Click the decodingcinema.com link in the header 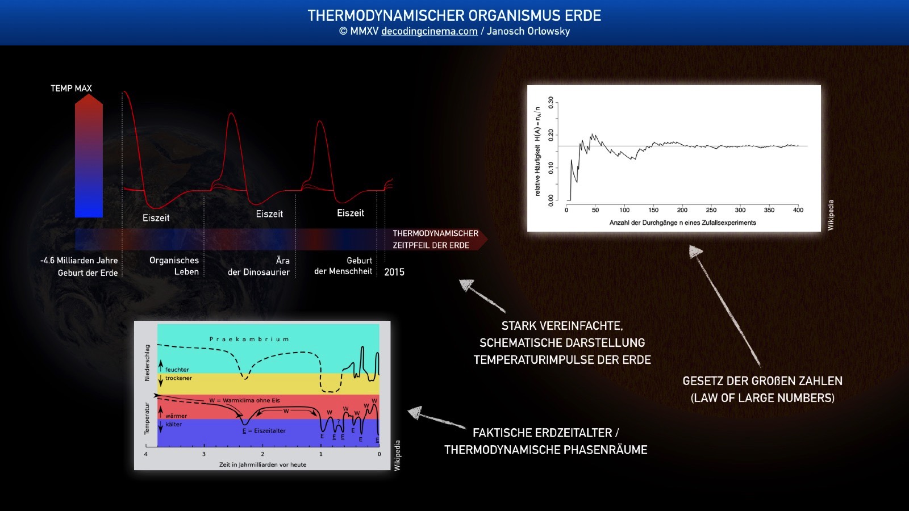click(x=430, y=31)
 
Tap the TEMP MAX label click(x=71, y=89)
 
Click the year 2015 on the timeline click(x=394, y=272)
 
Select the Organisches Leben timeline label click(x=174, y=266)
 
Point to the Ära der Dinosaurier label click(x=259, y=266)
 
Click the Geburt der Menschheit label click(x=343, y=266)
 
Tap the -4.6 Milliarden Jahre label click(x=79, y=261)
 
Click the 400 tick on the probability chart click(x=798, y=210)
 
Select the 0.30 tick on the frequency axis click(x=551, y=103)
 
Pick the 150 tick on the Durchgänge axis click(x=653, y=210)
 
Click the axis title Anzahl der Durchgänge click(x=682, y=223)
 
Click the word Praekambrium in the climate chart click(x=249, y=339)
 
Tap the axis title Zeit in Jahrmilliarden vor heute click(x=262, y=465)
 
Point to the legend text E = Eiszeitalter click(x=264, y=431)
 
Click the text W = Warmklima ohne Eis click(x=244, y=401)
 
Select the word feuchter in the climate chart click(x=177, y=370)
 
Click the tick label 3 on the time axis click(x=204, y=454)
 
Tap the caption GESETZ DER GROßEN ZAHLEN click(x=762, y=381)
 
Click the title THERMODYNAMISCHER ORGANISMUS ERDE click(x=454, y=16)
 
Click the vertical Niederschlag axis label click(x=147, y=363)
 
